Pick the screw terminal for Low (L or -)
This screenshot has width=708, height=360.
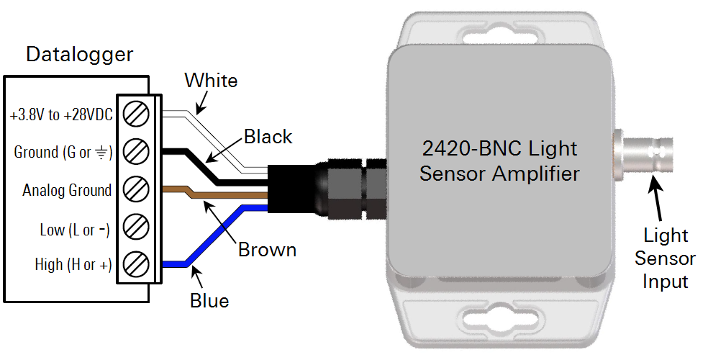135,226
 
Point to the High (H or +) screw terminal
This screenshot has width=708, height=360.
135,264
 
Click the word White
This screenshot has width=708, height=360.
211,81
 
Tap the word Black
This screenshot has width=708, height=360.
268,136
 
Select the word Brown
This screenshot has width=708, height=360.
268,249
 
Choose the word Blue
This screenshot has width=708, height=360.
209,301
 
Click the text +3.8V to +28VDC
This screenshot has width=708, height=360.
61,115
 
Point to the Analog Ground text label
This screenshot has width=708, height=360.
67,190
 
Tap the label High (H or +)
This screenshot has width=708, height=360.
73,264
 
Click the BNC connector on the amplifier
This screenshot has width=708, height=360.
643,150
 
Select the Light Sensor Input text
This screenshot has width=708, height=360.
665,258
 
